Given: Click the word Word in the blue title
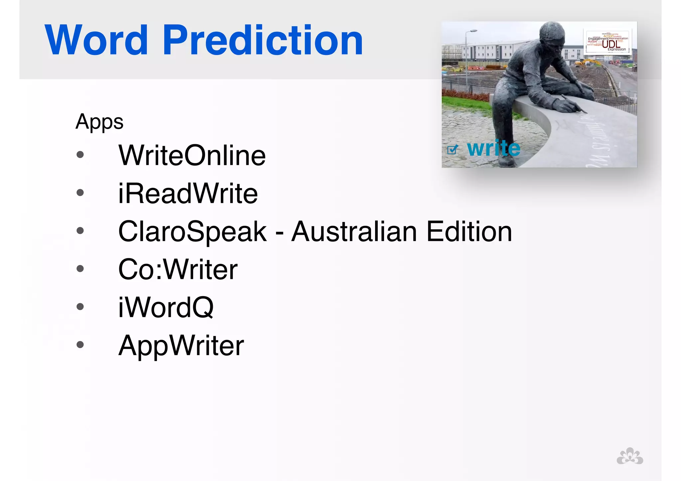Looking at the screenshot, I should pyautogui.click(x=96, y=41).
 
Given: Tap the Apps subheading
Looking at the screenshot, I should pyautogui.click(x=99, y=122).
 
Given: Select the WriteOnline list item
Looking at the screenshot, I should pyautogui.click(x=192, y=155).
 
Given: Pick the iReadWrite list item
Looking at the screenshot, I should pyautogui.click(x=188, y=193).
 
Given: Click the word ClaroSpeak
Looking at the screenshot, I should pyautogui.click(x=192, y=231).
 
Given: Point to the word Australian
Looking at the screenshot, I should pyautogui.click(x=354, y=231).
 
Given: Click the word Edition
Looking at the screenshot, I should pyautogui.click(x=469, y=231).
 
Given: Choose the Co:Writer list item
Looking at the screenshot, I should pyautogui.click(x=178, y=269).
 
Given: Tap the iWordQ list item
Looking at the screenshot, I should pyautogui.click(x=166, y=307).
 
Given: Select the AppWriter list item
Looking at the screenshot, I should pyautogui.click(x=181, y=346).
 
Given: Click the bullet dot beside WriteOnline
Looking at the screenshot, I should pyautogui.click(x=80, y=155).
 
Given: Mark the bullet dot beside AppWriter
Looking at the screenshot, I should pyautogui.click(x=80, y=345).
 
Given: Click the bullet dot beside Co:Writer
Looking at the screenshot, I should pyautogui.click(x=80, y=269).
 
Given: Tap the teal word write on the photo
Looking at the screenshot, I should pyautogui.click(x=493, y=148).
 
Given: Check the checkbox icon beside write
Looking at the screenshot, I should pyautogui.click(x=452, y=150).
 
